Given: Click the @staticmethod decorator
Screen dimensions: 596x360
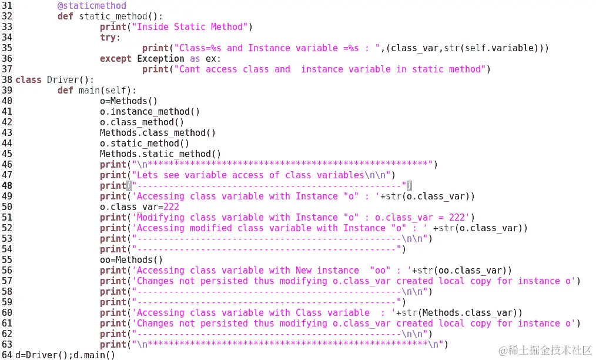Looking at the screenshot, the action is pyautogui.click(x=92, y=6).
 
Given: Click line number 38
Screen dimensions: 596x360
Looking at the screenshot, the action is pyautogui.click(x=7, y=80).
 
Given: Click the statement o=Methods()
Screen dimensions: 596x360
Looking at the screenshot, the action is pyautogui.click(x=129, y=101).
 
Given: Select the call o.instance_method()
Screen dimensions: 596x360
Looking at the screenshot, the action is pyautogui.click(x=150, y=112).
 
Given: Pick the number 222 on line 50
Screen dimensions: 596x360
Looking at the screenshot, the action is pyautogui.click(x=171, y=207).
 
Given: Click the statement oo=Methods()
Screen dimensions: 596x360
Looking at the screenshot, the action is pyautogui.click(x=131, y=260).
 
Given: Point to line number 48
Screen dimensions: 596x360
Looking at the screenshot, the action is pyautogui.click(x=7, y=186).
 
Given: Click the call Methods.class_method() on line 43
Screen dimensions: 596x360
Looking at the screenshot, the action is pyautogui.click(x=158, y=133).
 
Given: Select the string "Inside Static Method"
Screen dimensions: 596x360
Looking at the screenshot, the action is pyautogui.click(x=189, y=27).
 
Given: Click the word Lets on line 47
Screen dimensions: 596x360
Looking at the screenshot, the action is pyautogui.click(x=147, y=175).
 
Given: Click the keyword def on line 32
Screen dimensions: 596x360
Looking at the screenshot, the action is pyautogui.click(x=65, y=16).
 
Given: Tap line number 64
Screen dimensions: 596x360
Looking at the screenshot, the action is pyautogui.click(x=7, y=355).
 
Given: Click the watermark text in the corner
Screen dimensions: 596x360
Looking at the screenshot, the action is pyautogui.click(x=545, y=351).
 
